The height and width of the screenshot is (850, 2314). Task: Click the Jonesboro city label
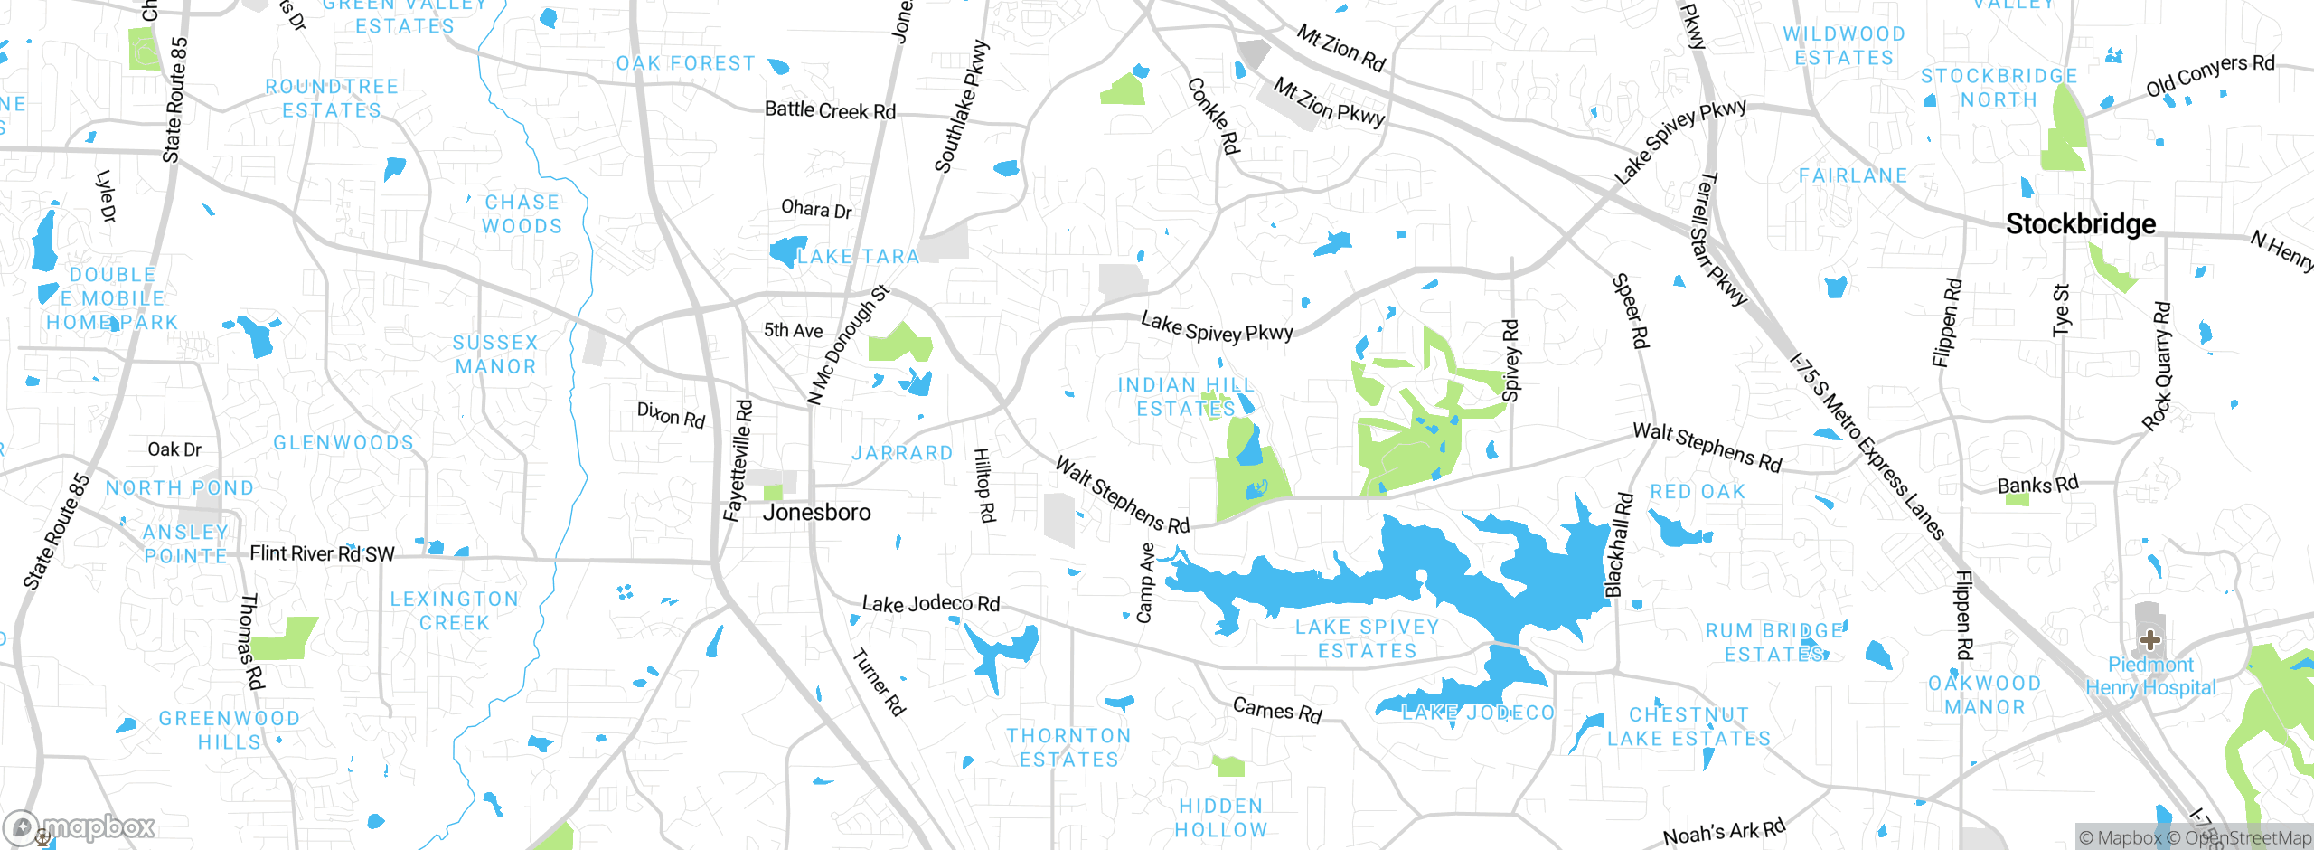click(x=816, y=513)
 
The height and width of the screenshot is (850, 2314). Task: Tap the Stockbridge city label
click(x=2080, y=223)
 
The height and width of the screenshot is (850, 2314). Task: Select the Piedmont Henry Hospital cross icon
click(x=2150, y=640)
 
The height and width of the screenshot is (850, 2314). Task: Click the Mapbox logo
click(x=81, y=826)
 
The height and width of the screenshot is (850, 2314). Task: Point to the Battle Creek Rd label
click(x=830, y=110)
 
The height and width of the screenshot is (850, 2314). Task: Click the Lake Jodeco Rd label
click(x=930, y=604)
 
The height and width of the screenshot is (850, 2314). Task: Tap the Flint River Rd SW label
click(x=322, y=553)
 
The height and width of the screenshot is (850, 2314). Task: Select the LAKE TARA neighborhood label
click(x=857, y=257)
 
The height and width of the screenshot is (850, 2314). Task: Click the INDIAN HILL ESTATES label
click(x=1186, y=397)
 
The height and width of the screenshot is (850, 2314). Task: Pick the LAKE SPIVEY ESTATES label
click(x=1367, y=638)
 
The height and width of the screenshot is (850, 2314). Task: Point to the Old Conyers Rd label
click(x=2209, y=75)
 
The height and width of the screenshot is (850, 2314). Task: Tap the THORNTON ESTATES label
click(x=1068, y=747)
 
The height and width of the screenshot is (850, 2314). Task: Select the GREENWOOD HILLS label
click(x=229, y=730)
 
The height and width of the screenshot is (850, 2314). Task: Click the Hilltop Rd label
click(x=984, y=486)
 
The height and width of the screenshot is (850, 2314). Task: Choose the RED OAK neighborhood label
click(x=1698, y=492)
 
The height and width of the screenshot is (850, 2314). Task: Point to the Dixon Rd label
click(x=671, y=415)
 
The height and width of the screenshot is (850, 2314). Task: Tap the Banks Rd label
click(x=2037, y=485)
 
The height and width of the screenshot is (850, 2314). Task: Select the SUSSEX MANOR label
click(x=495, y=354)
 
